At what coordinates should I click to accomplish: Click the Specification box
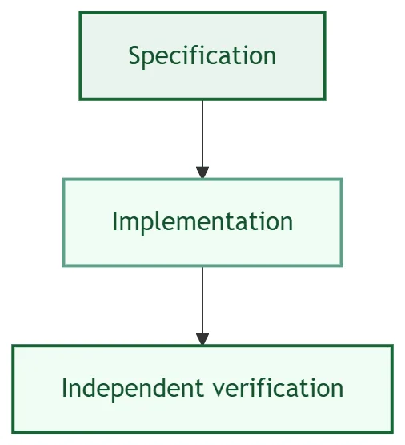[x=202, y=56]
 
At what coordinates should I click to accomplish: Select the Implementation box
[x=202, y=222]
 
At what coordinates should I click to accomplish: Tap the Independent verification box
[x=202, y=389]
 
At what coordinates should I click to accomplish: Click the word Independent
[x=133, y=389]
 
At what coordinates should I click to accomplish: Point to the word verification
[x=278, y=388]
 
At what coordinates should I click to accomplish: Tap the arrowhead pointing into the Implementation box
[x=202, y=172]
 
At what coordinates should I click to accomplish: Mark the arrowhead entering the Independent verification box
[x=202, y=339]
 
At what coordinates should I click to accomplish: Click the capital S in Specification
[x=135, y=55]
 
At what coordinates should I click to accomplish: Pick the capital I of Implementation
[x=114, y=221]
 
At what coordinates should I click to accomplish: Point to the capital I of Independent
[x=64, y=388]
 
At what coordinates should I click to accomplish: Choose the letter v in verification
[x=219, y=390]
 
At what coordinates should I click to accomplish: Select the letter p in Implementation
[x=147, y=225]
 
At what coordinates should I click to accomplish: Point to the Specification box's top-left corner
[x=80, y=13]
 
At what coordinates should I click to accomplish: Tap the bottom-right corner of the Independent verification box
[x=392, y=432]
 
